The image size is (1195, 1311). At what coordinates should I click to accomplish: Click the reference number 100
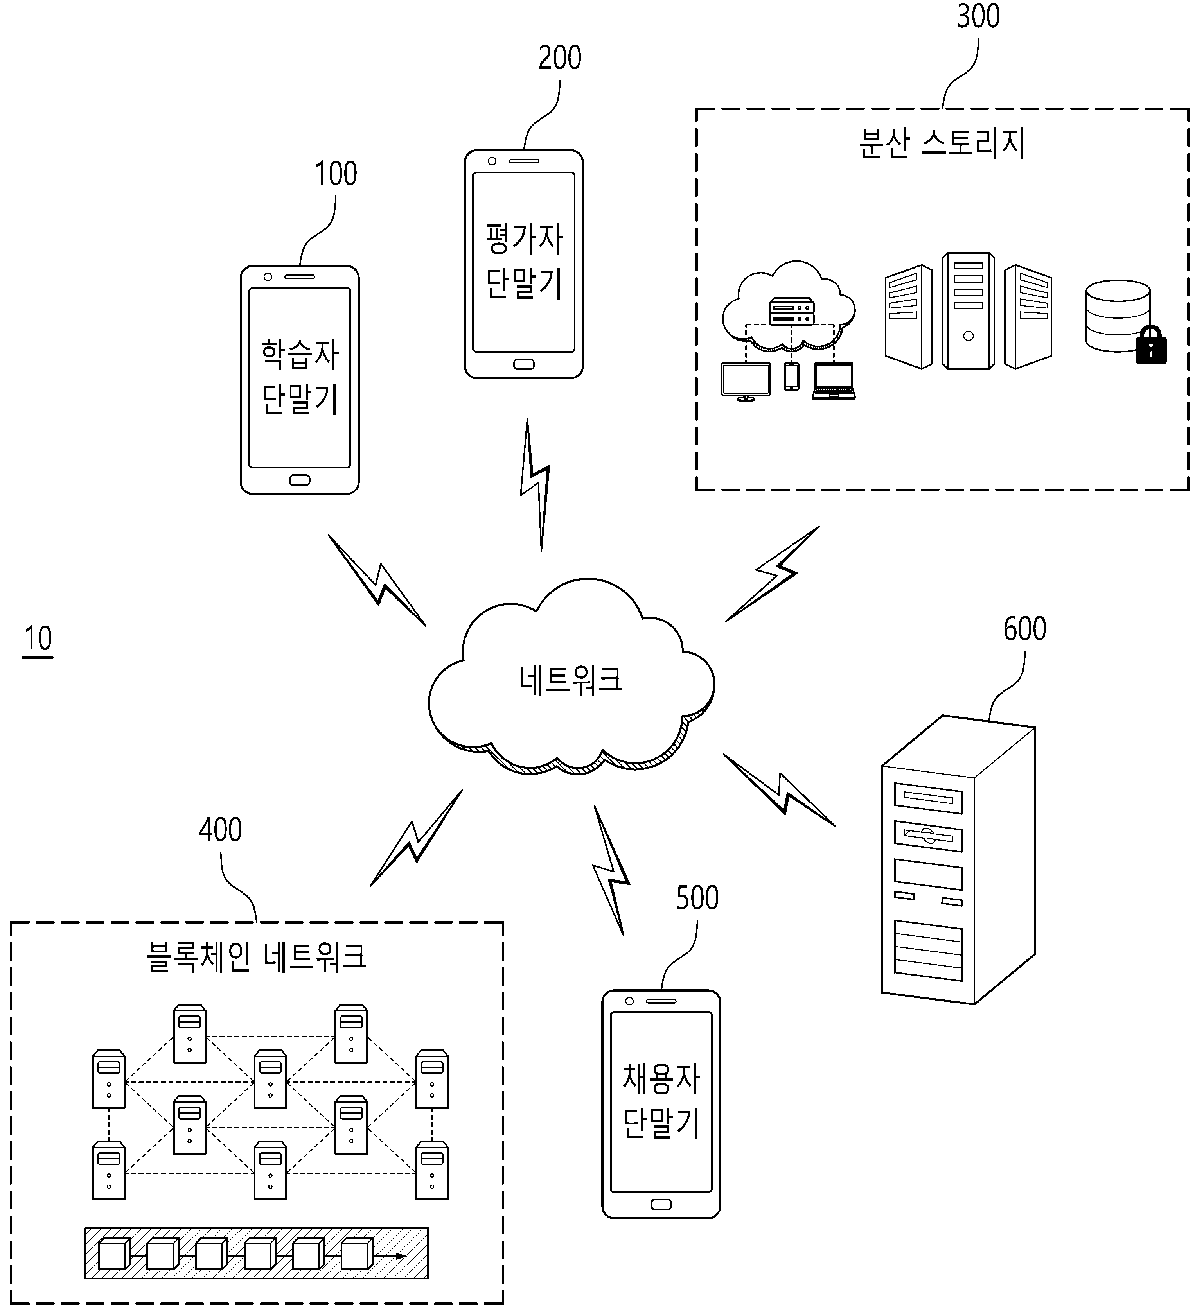pos(336,174)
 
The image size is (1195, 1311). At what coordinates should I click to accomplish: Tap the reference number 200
pos(559,58)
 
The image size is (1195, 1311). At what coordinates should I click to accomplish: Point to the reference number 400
pos(220,829)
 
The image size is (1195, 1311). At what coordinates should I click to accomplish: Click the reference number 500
pos(697,898)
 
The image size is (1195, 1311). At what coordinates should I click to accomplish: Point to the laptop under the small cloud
pos(833,381)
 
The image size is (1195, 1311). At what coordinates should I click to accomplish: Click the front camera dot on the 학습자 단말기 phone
pos(268,277)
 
